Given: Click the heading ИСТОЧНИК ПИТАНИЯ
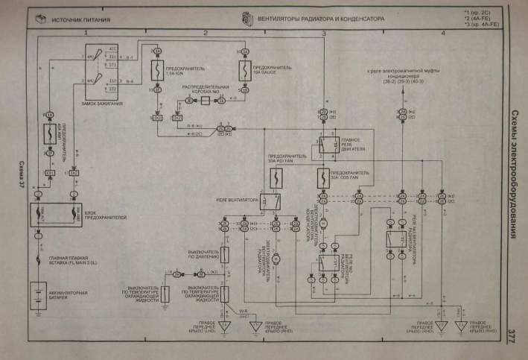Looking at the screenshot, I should click(82, 16).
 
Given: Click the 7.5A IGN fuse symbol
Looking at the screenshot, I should click(159, 72).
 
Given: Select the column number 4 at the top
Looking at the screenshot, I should click(442, 34).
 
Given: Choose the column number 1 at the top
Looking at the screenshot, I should click(86, 34).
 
